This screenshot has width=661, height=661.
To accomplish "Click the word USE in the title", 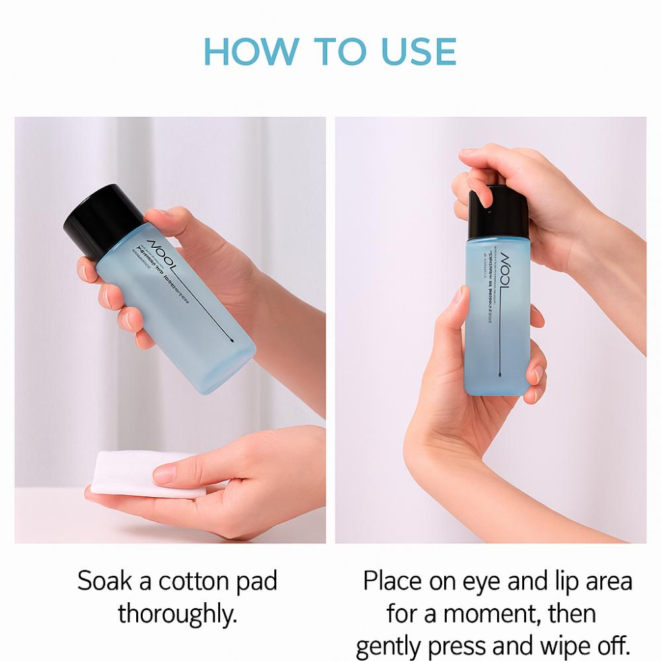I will [x=418, y=52].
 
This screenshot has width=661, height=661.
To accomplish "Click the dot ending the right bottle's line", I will [x=498, y=373].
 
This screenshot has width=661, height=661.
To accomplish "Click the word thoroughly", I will [x=177, y=613].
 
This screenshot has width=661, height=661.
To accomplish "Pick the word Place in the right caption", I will [x=393, y=582].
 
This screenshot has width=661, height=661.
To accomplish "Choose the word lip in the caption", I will [x=557, y=582].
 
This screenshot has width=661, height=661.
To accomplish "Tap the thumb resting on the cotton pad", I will [x=173, y=473].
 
